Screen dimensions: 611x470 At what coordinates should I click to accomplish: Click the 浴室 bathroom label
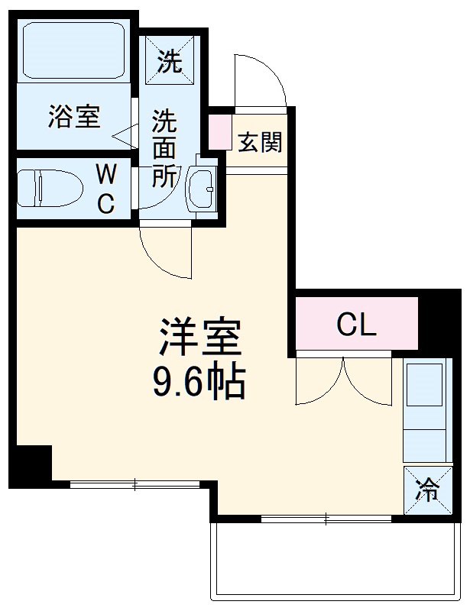74,118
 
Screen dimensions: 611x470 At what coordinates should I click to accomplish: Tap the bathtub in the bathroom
74,52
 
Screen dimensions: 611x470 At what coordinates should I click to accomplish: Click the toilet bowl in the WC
50,188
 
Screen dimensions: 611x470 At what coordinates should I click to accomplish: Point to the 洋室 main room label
200,336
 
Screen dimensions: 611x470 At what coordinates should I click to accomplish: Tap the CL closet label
356,326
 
